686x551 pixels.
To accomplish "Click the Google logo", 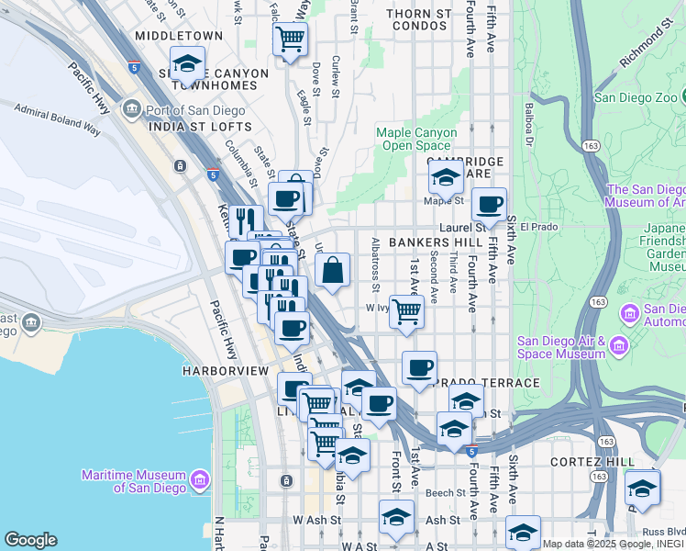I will point(30,540).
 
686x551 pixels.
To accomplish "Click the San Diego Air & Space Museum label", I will point(560,346).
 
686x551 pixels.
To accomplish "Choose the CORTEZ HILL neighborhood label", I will point(592,461).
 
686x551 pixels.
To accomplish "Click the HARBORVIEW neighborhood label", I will point(225,370).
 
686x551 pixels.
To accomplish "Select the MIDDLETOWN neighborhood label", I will point(179,36).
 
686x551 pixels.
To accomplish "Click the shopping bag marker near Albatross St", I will point(333,270).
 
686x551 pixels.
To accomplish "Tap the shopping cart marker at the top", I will point(291,39).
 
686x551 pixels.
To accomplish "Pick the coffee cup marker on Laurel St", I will point(491,204).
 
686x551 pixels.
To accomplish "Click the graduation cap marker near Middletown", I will point(187,64).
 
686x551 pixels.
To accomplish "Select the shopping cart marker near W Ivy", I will point(406,310).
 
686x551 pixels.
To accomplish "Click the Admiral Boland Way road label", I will point(57,119).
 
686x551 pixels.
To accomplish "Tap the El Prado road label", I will point(538,227).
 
